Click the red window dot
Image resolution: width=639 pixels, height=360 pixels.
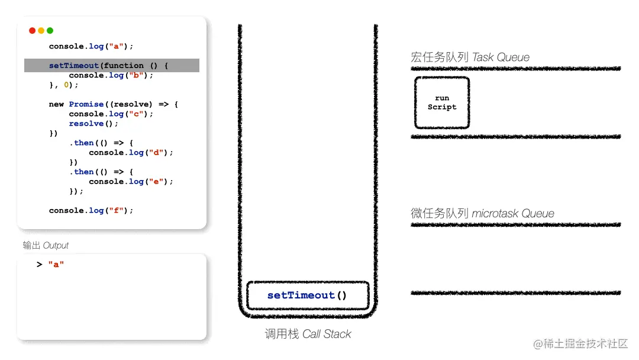[x=32, y=31]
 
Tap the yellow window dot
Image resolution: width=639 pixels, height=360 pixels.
[x=41, y=31]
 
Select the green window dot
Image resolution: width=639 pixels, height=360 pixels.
[x=50, y=31]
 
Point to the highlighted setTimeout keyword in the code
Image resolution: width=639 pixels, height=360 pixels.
[x=74, y=66]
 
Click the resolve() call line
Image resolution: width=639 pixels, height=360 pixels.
[x=93, y=124]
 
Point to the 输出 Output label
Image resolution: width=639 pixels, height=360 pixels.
[x=46, y=245]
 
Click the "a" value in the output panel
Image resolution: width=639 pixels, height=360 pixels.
[x=56, y=265]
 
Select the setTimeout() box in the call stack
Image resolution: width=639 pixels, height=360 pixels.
[x=307, y=295]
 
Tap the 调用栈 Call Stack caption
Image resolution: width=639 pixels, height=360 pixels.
[x=308, y=334]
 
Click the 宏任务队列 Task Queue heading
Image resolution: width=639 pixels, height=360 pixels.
[x=470, y=57]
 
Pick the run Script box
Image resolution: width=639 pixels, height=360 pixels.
[x=442, y=102]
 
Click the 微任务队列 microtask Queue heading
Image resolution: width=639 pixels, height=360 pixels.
[x=482, y=213]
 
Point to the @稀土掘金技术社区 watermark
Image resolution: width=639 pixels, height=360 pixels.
[x=580, y=344]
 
